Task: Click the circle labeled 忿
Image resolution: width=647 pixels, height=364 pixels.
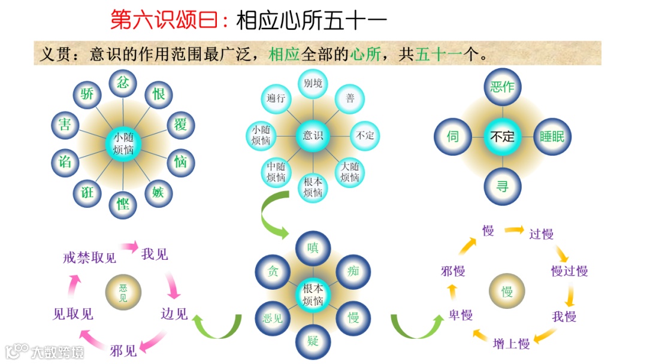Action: (123, 83)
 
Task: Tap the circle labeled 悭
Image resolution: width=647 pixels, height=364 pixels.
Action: (123, 204)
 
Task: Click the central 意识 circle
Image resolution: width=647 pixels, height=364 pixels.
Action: (313, 135)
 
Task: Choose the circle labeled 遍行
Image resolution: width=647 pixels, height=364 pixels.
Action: (276, 98)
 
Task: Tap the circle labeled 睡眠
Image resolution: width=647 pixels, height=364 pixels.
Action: (552, 136)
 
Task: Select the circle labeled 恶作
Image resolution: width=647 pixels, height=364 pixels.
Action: (502, 87)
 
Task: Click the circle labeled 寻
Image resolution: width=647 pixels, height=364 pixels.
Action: (502, 186)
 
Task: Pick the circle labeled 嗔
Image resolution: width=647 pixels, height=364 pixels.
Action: (313, 247)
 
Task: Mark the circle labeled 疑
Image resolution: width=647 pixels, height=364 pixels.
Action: (313, 341)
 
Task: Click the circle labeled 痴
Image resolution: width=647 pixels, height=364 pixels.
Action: (353, 271)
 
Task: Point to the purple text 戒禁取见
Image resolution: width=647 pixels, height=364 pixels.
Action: (89, 258)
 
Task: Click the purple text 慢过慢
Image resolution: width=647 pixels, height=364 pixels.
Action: (569, 271)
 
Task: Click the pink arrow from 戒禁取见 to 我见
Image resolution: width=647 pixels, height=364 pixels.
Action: (129, 245)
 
